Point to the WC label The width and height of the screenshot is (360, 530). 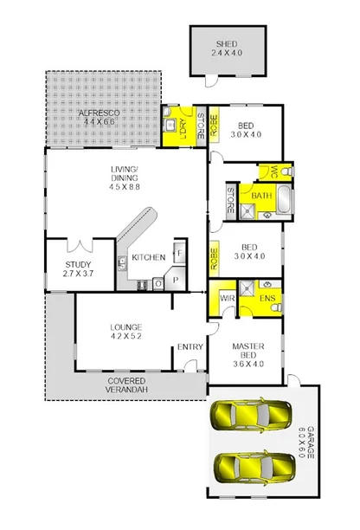tap(273, 172)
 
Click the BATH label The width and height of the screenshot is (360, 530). tap(260, 197)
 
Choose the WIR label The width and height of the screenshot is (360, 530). tap(228, 297)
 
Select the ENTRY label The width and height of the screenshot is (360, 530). tap(190, 347)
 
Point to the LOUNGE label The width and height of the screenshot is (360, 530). tap(125, 326)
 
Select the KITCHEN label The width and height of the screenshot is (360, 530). tap(148, 257)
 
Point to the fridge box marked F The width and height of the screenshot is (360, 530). tap(178, 254)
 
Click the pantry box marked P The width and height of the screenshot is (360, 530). tap(176, 280)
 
